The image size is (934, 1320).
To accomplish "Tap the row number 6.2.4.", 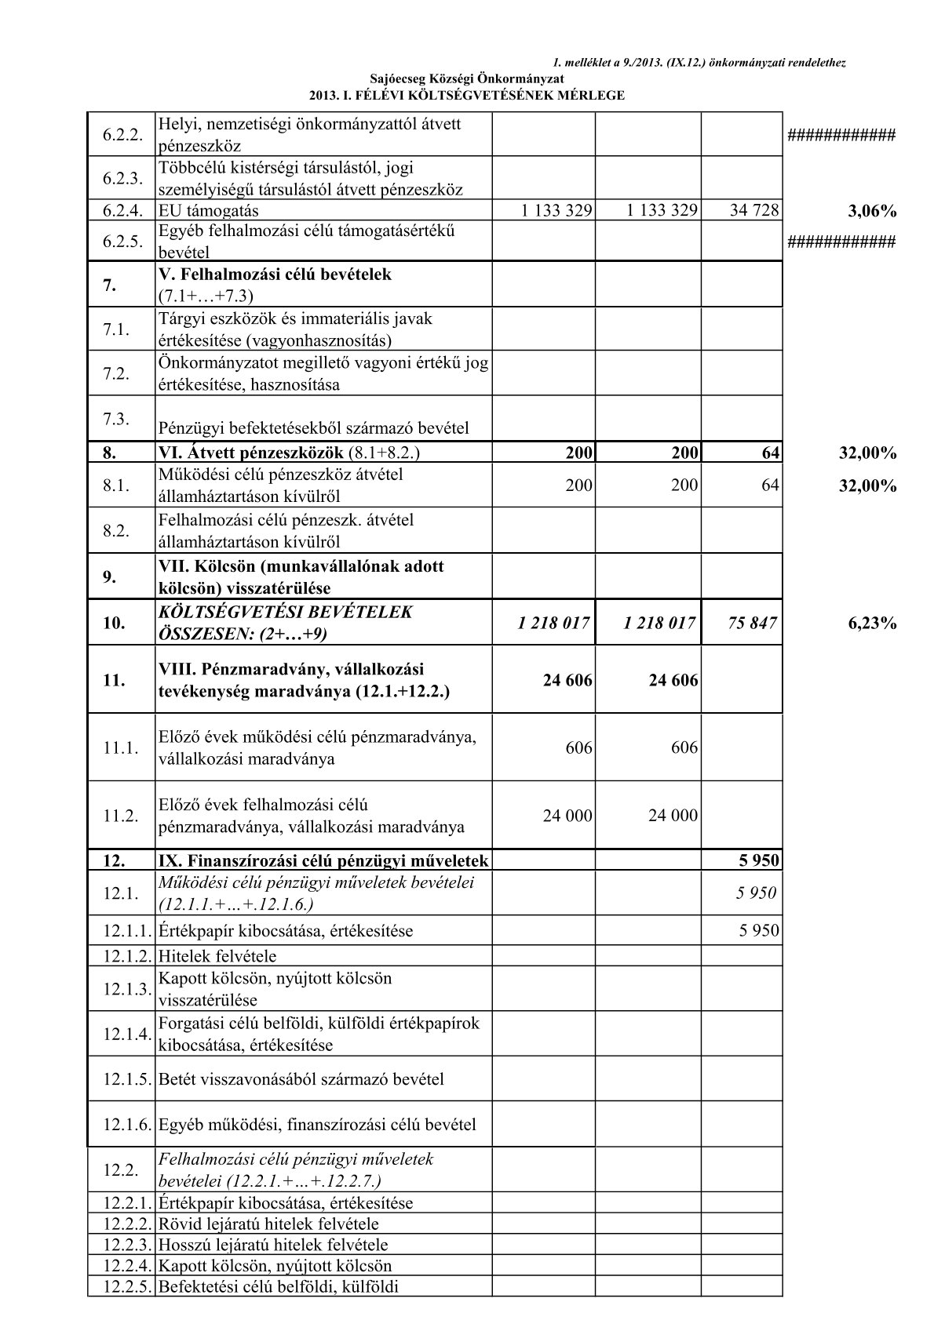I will [122, 210].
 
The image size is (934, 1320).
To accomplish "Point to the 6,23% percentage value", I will [872, 624].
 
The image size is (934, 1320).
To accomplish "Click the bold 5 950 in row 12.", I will [758, 860].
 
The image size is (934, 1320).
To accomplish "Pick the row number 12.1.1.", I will [126, 931].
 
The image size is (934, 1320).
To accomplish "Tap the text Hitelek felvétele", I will [217, 956].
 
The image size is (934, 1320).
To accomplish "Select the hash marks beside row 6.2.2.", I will [841, 135].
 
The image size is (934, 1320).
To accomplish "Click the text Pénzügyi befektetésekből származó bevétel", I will [313, 428].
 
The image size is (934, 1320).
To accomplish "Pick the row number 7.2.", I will [116, 373].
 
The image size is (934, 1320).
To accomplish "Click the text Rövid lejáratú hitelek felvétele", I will [268, 1224].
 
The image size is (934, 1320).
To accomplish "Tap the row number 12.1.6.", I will [126, 1124].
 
